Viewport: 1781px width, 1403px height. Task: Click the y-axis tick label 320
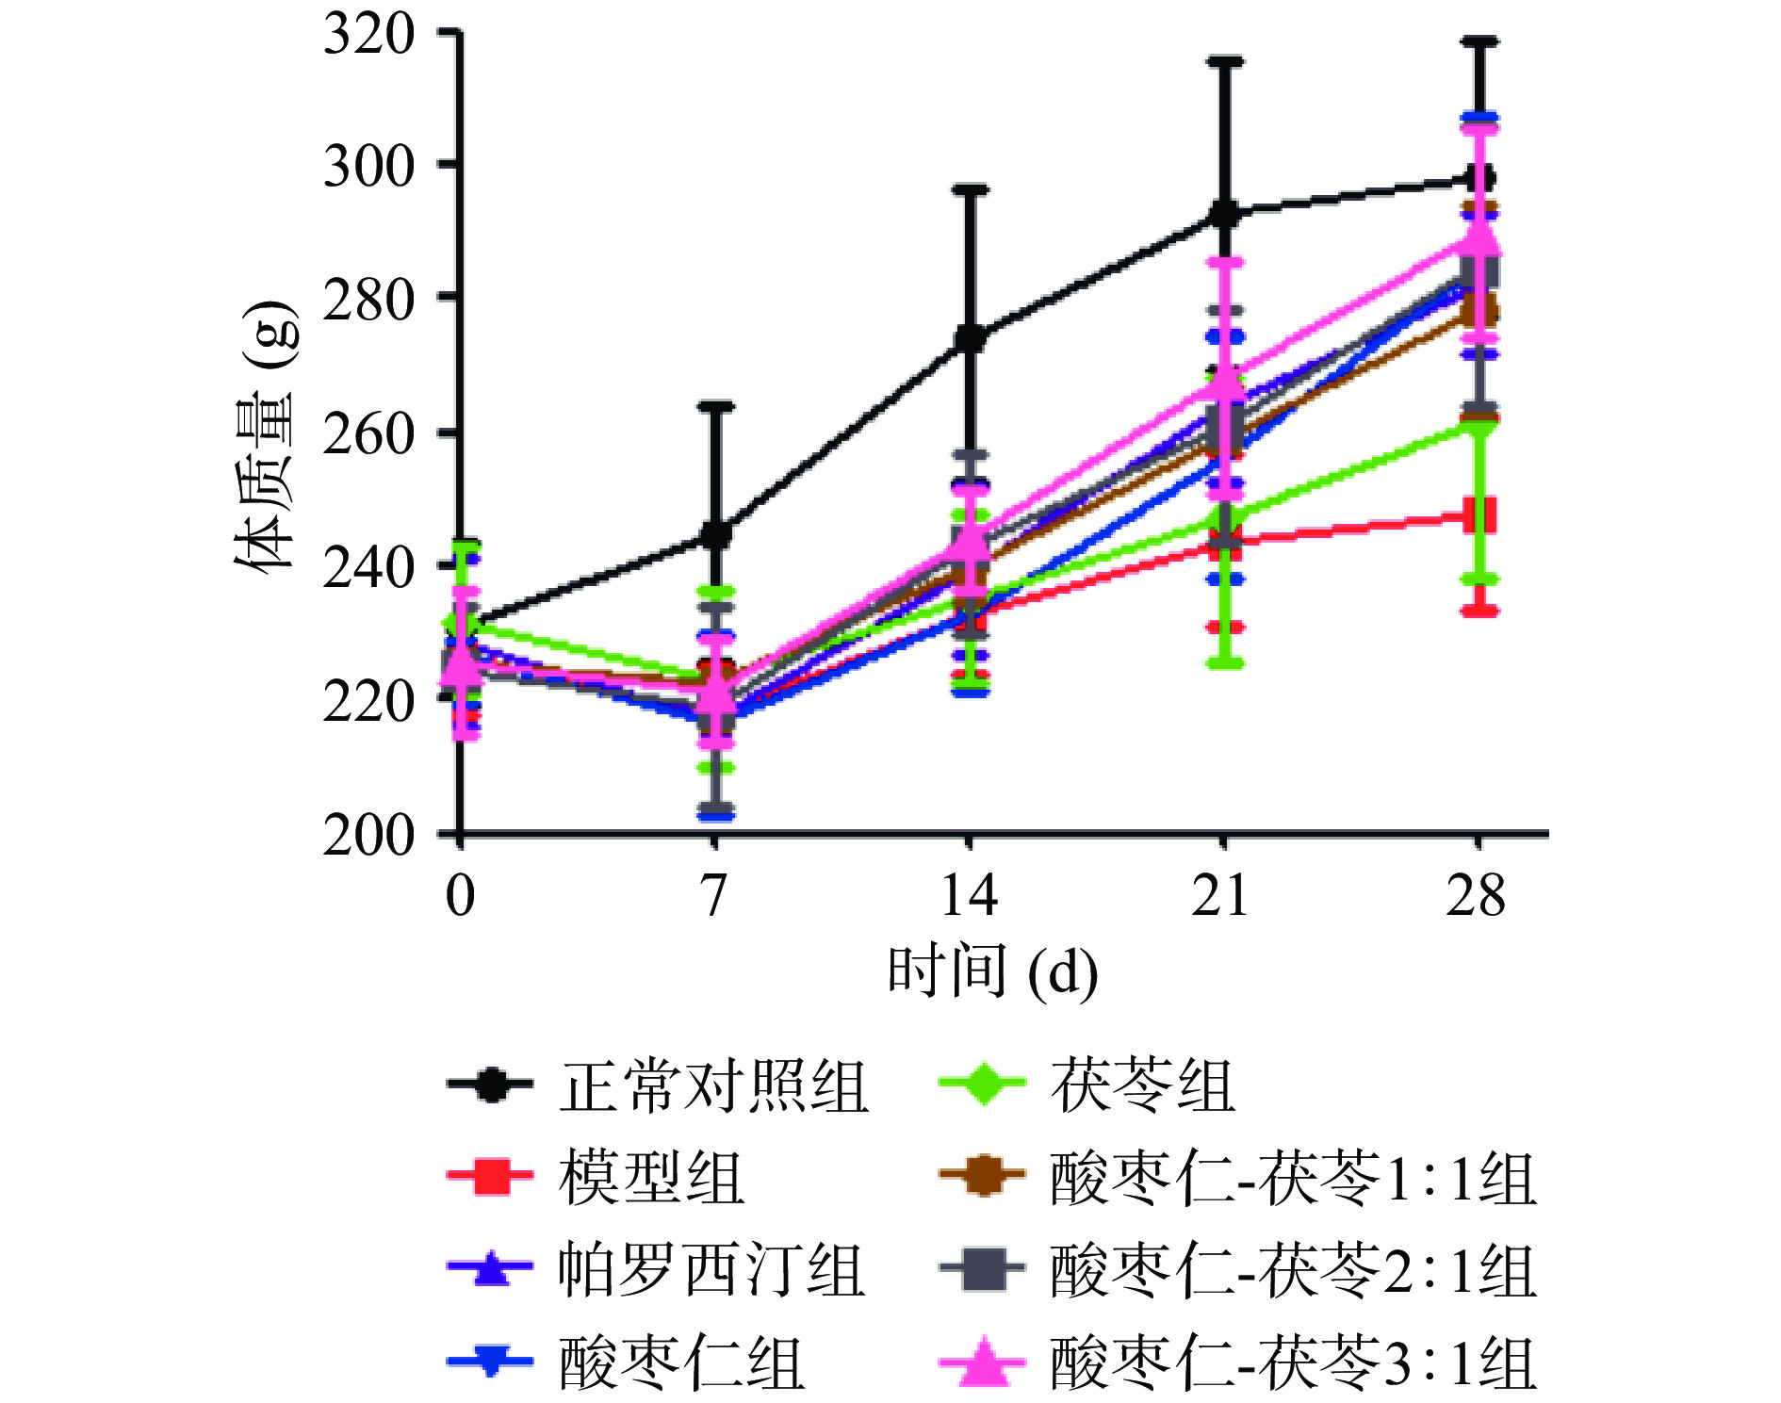tap(368, 36)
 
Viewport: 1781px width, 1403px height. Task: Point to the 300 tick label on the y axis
tap(368, 168)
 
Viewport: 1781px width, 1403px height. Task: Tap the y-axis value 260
tap(368, 434)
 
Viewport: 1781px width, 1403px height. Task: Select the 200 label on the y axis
tap(368, 835)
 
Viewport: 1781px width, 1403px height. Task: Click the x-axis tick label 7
tap(715, 895)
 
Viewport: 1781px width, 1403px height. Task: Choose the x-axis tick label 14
tap(969, 895)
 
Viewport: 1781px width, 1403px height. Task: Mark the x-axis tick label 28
tap(1477, 895)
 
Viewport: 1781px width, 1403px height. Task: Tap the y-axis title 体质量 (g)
tap(266, 438)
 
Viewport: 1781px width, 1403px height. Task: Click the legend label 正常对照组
tap(713, 1086)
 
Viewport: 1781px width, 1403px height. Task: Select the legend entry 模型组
tap(652, 1178)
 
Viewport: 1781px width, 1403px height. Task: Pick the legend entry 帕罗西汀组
tap(711, 1270)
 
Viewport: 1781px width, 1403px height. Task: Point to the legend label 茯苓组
tap(1142, 1086)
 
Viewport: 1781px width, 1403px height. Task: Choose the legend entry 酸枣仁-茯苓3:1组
tap(1293, 1362)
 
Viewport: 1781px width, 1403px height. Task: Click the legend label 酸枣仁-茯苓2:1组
tap(1293, 1270)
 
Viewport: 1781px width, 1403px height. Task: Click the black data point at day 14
tap(970, 338)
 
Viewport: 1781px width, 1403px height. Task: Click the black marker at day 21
tap(1224, 214)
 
